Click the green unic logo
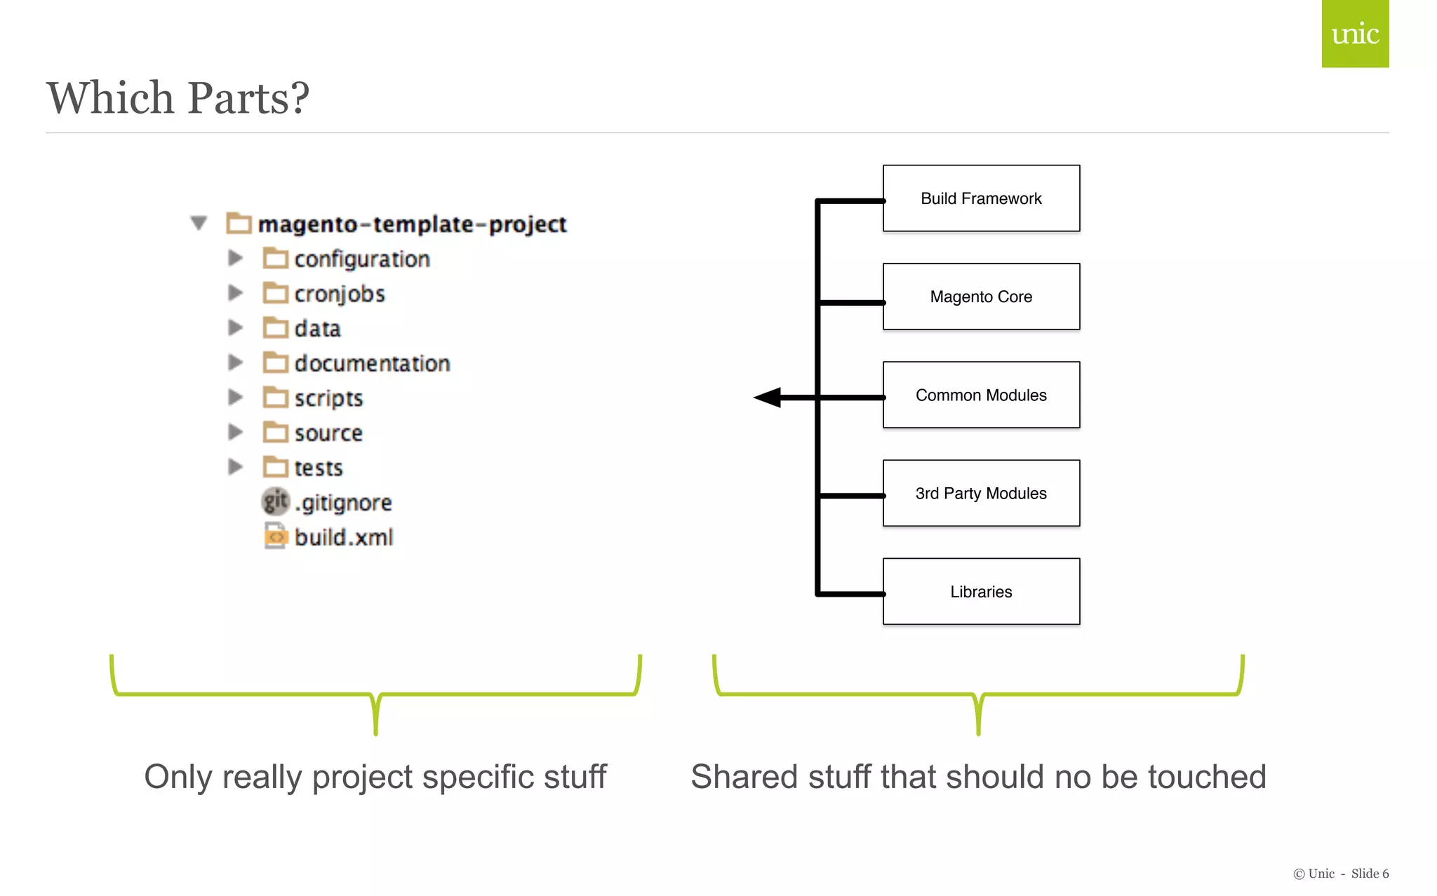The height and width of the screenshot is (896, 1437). point(1354,34)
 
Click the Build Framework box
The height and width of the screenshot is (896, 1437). point(980,198)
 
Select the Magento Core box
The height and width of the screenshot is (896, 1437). point(980,297)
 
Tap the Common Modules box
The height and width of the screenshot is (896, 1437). point(980,395)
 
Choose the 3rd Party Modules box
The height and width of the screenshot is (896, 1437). point(980,493)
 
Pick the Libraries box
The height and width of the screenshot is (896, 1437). point(980,591)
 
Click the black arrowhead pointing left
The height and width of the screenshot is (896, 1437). point(768,398)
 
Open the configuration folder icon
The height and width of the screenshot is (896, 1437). point(275,258)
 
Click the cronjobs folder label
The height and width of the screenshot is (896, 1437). point(340,294)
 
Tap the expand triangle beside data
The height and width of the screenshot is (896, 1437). point(235,327)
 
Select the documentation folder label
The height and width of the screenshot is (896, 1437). point(372,363)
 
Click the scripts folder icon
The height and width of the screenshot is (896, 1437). point(275,398)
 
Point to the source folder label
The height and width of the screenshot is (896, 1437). point(328,433)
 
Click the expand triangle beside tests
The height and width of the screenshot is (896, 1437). point(235,467)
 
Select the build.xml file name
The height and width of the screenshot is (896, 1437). point(344,537)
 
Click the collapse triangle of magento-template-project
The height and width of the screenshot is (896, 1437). point(199,223)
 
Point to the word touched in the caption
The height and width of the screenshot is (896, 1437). point(1206,777)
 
